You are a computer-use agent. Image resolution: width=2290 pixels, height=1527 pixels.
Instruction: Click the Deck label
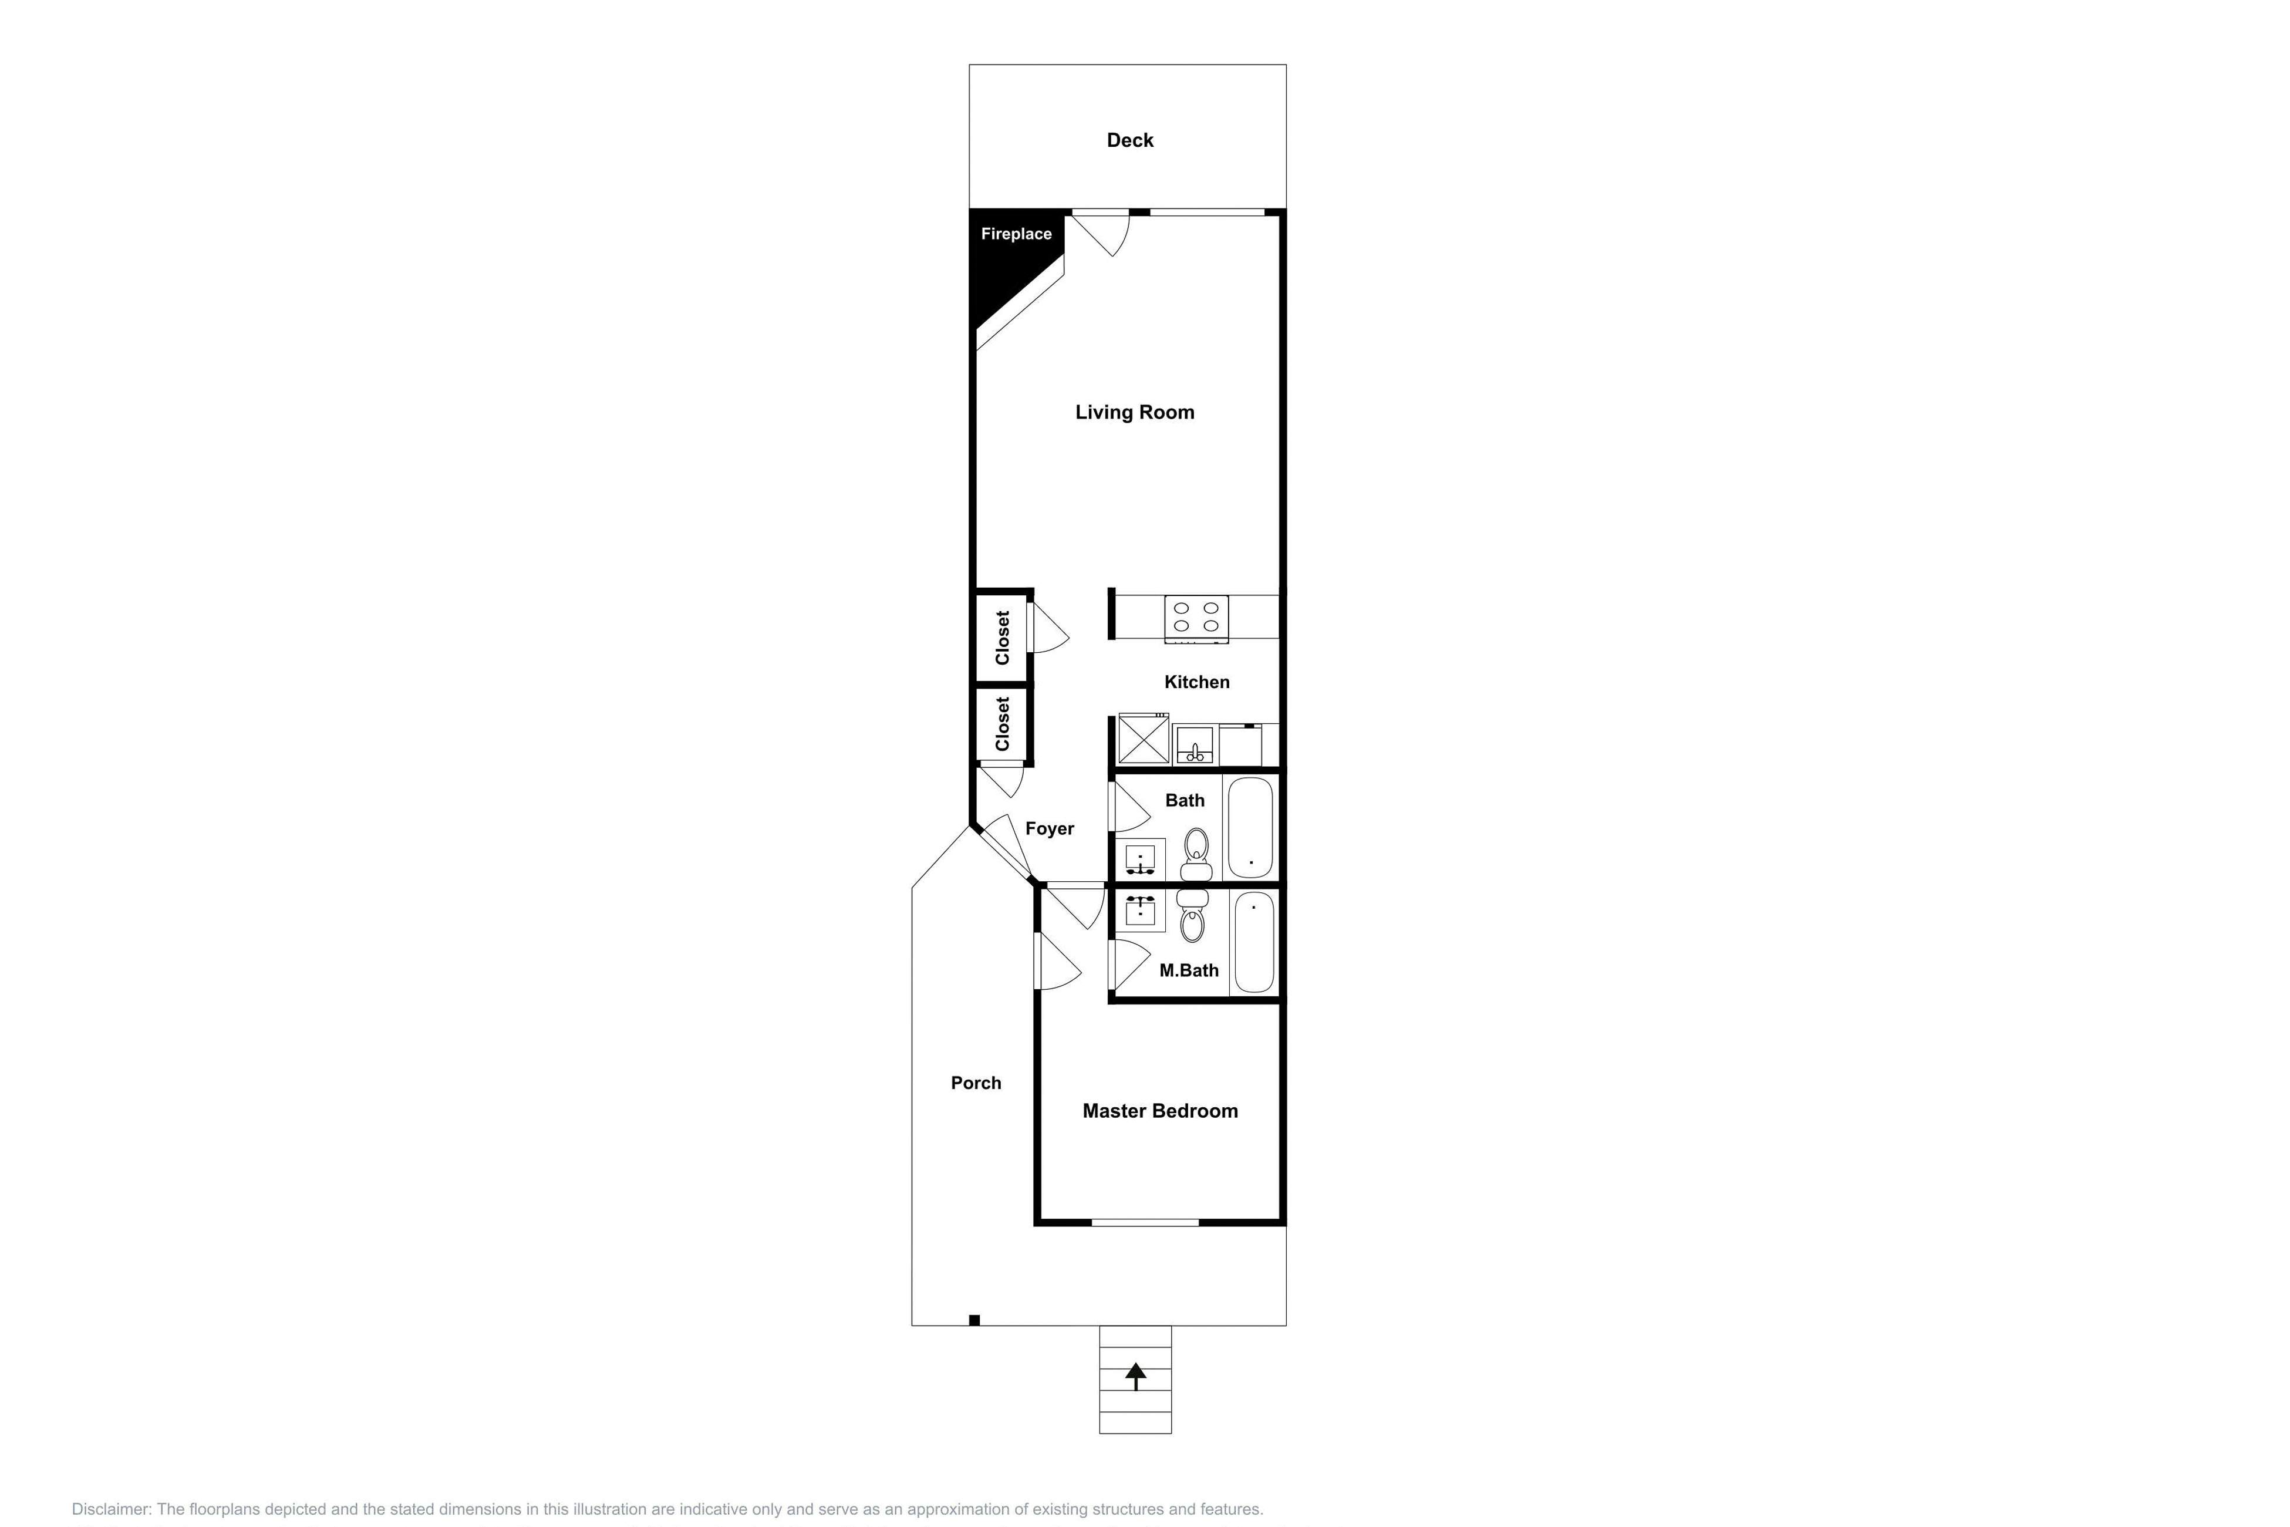pos(1129,140)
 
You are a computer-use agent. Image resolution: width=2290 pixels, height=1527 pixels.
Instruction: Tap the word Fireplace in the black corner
pos(1016,234)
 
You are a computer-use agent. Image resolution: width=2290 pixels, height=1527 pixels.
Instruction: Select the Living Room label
pos(1134,412)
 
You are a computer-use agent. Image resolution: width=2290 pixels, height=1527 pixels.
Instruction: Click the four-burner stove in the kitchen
pos(1196,618)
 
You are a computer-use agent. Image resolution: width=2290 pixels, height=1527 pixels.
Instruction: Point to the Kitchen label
pos(1196,682)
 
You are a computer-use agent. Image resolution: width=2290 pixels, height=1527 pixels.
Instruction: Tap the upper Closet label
pos(1003,638)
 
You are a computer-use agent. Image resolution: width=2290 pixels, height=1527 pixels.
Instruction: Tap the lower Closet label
pos(1003,723)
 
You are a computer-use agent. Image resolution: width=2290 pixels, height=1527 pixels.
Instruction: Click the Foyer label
pos(1048,829)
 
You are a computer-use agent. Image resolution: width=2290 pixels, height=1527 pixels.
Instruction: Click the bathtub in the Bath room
pos(1250,827)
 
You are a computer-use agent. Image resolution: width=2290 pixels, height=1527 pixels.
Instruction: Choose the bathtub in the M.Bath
pos(1254,942)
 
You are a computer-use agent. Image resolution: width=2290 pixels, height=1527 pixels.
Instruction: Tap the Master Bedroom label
pos(1159,1111)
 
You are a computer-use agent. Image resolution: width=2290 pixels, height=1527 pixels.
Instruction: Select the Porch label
pos(976,1083)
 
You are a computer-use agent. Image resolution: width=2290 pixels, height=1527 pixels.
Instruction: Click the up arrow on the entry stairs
pos(1135,1375)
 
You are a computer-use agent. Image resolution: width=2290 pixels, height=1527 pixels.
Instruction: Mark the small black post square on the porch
pos(974,1320)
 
